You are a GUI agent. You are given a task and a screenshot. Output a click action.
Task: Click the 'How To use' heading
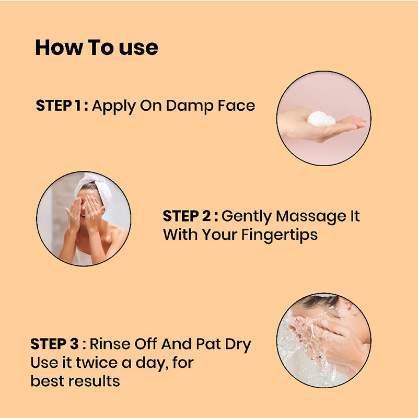click(97, 48)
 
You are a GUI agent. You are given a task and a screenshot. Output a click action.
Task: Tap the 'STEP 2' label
click(187, 216)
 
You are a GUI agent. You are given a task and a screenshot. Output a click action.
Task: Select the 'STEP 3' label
click(54, 344)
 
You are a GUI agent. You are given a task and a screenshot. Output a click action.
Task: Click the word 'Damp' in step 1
click(190, 106)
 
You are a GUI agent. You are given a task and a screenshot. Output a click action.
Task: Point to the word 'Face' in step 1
click(237, 106)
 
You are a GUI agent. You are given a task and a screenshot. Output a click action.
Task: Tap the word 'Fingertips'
click(280, 236)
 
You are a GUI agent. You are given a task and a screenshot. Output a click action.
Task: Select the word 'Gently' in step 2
click(246, 217)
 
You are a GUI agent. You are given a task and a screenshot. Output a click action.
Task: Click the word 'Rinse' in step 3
click(110, 344)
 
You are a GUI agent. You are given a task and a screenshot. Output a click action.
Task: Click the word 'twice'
click(97, 363)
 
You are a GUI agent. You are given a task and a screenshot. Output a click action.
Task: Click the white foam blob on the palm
click(321, 119)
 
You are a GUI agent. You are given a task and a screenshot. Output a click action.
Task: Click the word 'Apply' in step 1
click(114, 107)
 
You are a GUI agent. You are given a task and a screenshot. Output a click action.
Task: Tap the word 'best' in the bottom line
click(48, 381)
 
